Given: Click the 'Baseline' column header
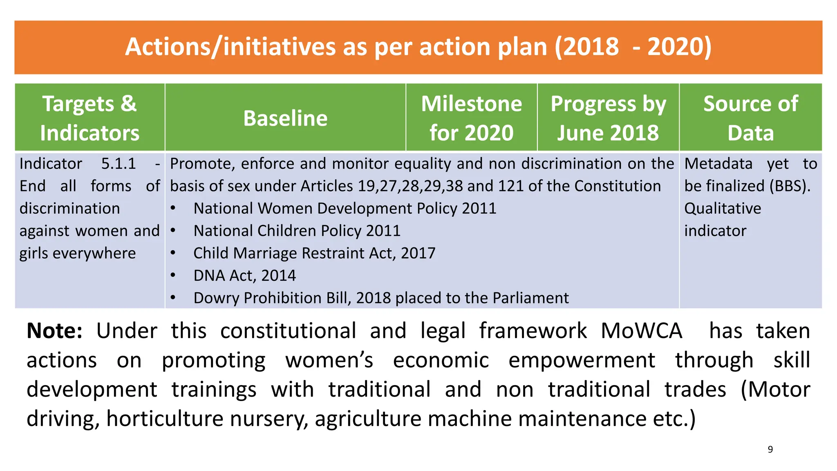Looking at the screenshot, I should click(x=285, y=118).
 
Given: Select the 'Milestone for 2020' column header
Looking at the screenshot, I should click(x=471, y=118).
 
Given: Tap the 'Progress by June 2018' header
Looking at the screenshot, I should click(x=608, y=118).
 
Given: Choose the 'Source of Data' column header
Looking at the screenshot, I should click(x=750, y=118).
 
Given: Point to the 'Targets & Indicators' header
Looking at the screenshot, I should click(x=90, y=118).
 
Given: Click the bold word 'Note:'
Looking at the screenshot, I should click(x=54, y=331).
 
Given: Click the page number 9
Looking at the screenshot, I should click(x=770, y=449).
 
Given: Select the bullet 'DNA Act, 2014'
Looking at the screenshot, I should click(x=244, y=276).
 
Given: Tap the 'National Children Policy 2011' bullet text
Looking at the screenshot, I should click(x=297, y=231).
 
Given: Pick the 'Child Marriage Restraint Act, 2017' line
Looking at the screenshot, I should click(x=314, y=253).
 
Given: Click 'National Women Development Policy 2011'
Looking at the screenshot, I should click(x=345, y=209).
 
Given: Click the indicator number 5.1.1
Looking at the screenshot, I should click(x=119, y=164).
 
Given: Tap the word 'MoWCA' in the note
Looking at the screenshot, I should click(x=641, y=331).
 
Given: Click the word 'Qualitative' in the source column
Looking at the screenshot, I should click(x=723, y=209).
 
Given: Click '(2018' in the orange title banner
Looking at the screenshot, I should click(x=587, y=47).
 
